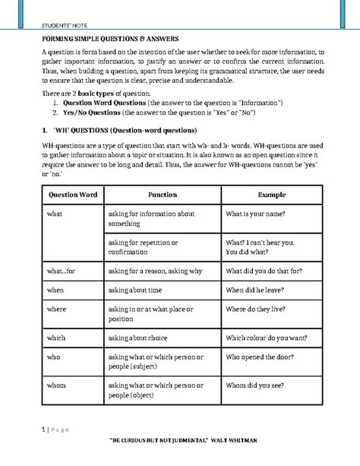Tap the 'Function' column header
(162, 195)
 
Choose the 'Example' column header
(272, 195)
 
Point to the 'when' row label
(55, 289)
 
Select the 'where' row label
(57, 309)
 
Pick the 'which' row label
(57, 337)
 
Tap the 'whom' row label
(58, 385)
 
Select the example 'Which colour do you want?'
(270, 337)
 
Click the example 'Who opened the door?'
(264, 357)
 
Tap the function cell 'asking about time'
(141, 289)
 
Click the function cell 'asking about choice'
(144, 337)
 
